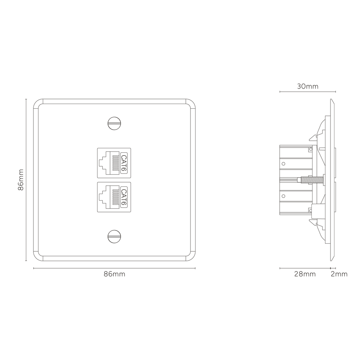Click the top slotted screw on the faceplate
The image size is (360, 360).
click(114, 123)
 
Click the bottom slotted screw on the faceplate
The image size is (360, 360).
click(114, 236)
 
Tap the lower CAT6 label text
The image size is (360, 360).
click(124, 197)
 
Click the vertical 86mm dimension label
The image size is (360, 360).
click(21, 180)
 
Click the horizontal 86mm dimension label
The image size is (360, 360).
click(114, 274)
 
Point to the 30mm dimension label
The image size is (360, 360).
click(308, 86)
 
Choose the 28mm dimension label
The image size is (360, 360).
click(305, 274)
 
